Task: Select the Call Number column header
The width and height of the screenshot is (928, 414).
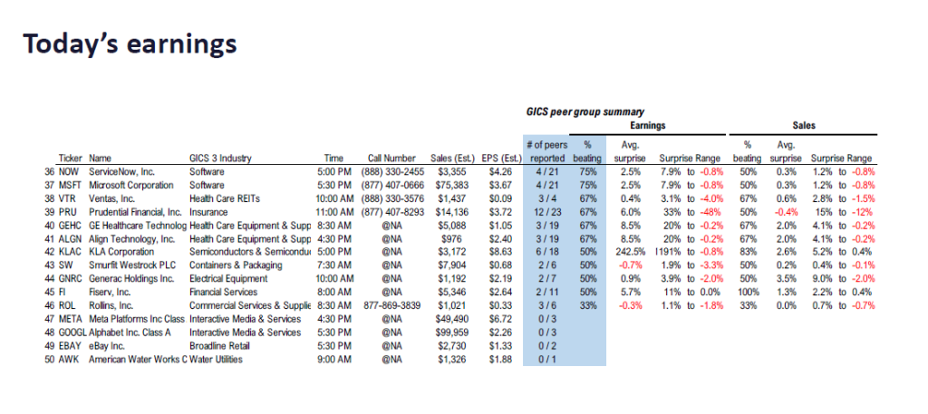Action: (391, 159)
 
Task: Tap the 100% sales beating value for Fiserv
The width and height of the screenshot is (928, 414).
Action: (749, 293)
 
